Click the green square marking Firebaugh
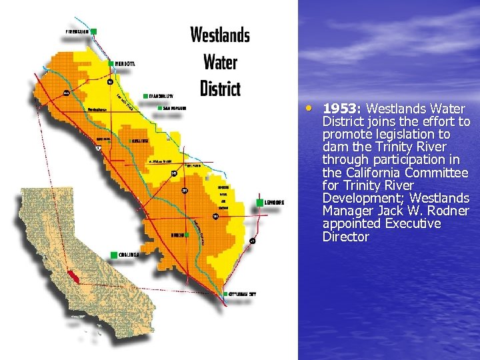(94, 31)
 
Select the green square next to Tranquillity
(145, 95)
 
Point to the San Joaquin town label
(175, 107)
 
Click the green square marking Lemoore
(259, 202)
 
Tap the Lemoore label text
(275, 202)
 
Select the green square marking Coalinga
(115, 255)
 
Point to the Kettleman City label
(241, 293)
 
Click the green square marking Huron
(187, 235)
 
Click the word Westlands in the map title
(220, 35)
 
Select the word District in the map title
(220, 87)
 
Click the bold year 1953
(342, 109)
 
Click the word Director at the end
(345, 237)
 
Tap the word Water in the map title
(220, 62)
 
